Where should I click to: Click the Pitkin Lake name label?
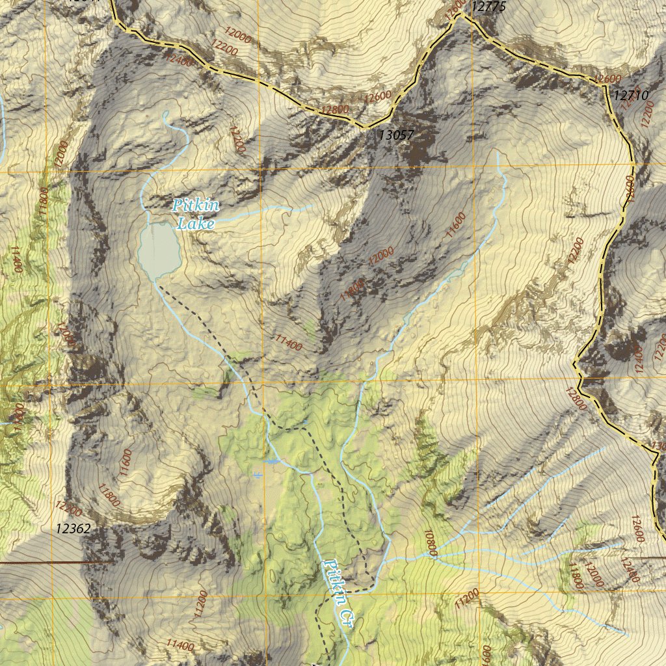click(196, 215)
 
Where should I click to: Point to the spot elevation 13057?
click(396, 135)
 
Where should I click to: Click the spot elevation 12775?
click(488, 7)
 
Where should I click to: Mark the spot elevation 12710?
click(631, 95)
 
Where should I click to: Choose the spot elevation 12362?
click(73, 529)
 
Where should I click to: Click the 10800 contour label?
click(429, 543)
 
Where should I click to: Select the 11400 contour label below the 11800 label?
click(289, 342)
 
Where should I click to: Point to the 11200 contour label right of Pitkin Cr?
click(467, 598)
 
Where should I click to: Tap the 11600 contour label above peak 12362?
click(126, 464)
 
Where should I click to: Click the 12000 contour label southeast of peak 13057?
click(380, 256)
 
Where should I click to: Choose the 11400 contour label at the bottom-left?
click(180, 645)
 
